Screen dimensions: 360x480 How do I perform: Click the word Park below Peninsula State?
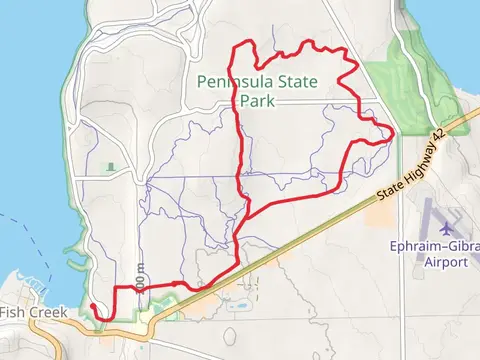253,100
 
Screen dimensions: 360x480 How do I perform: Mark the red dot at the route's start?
92,306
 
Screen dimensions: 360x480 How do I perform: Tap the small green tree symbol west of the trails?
110,166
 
